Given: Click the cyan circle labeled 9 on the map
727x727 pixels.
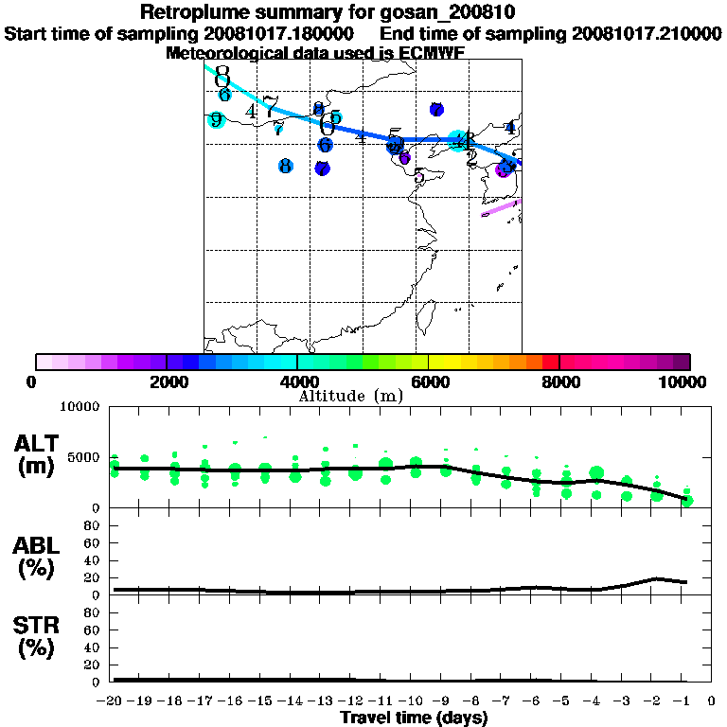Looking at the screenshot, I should tap(216, 119).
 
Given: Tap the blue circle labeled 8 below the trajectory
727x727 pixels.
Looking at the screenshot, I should tap(285, 167).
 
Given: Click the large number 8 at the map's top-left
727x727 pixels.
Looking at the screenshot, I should tap(222, 74).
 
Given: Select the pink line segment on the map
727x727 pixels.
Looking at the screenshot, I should tap(501, 207).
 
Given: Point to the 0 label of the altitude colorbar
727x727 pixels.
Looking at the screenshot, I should tap(32, 381).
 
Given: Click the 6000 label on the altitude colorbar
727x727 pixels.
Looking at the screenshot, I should tap(430, 381).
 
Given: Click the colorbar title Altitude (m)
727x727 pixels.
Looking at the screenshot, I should tap(350, 396).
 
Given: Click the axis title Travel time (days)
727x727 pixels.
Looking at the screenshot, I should tap(414, 718).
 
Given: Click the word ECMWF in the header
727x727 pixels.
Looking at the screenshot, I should tap(431, 53).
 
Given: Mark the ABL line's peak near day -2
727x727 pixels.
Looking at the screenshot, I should tap(656, 578).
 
